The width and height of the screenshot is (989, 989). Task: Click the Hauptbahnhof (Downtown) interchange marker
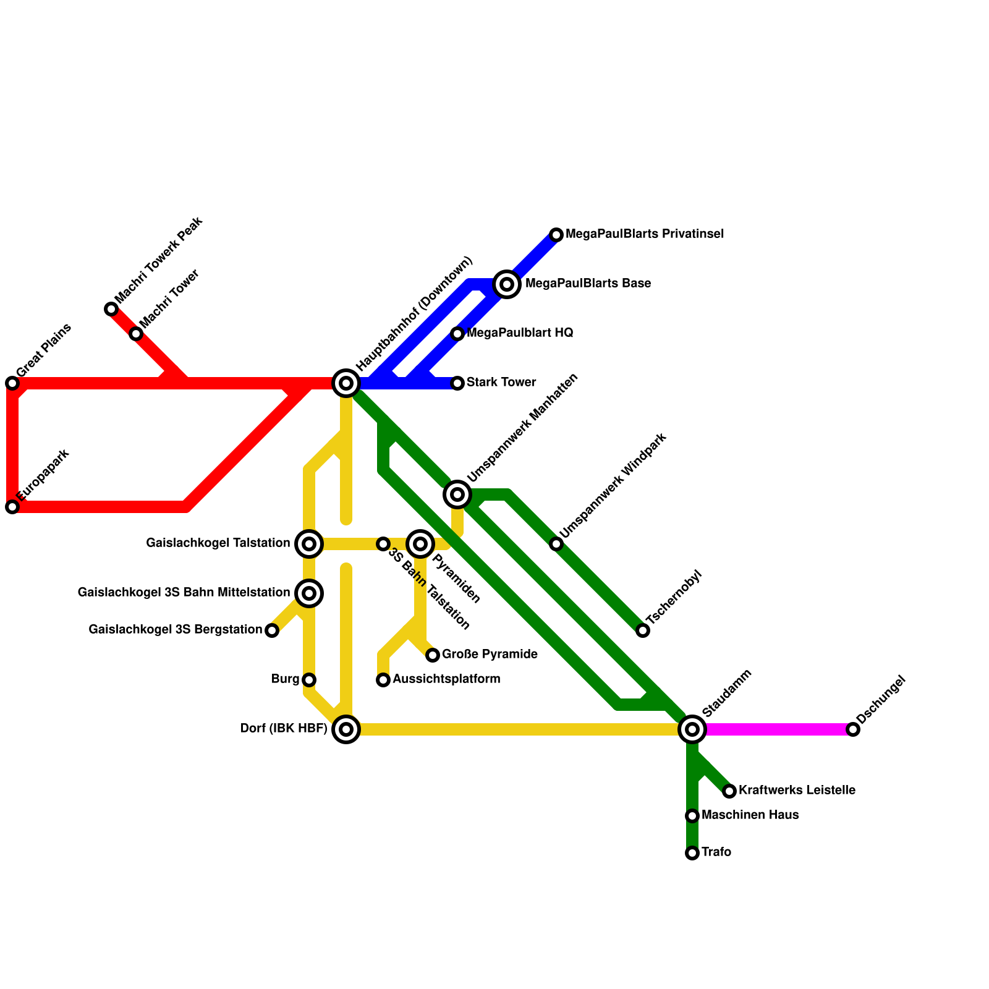[x=346, y=383]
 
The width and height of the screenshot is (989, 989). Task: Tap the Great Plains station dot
[x=12, y=383]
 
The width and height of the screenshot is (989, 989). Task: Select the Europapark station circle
[x=12, y=507]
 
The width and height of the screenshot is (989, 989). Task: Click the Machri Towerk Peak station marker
[x=111, y=309]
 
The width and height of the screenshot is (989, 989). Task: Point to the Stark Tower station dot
[x=457, y=383]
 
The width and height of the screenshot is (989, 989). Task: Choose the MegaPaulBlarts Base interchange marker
[x=507, y=284]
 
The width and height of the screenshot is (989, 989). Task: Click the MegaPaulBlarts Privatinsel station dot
[x=556, y=235]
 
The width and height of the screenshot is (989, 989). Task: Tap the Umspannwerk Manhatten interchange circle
[x=457, y=494]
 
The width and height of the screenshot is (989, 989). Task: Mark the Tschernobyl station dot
[x=643, y=630]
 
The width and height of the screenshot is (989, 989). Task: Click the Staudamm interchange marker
[x=692, y=729]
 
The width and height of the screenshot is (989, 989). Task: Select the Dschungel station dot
[x=853, y=729]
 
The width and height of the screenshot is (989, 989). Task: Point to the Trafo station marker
[x=692, y=853]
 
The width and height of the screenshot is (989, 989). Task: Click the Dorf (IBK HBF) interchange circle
[x=346, y=729]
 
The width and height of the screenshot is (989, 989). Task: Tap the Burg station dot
[x=309, y=680]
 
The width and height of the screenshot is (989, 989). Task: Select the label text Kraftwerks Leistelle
[x=797, y=791]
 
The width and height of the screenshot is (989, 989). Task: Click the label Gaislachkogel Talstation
[x=218, y=543]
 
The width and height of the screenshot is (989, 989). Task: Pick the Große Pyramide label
[x=490, y=655]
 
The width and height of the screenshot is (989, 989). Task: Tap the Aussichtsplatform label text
[x=446, y=679]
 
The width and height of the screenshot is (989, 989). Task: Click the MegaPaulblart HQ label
[x=520, y=333]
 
